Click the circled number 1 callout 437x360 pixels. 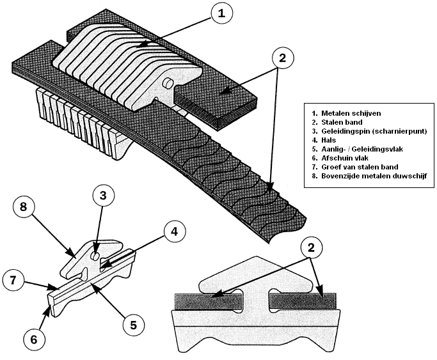(x=220, y=13)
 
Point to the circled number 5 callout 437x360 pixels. (x=133, y=325)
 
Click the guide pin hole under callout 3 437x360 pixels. (x=95, y=255)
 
